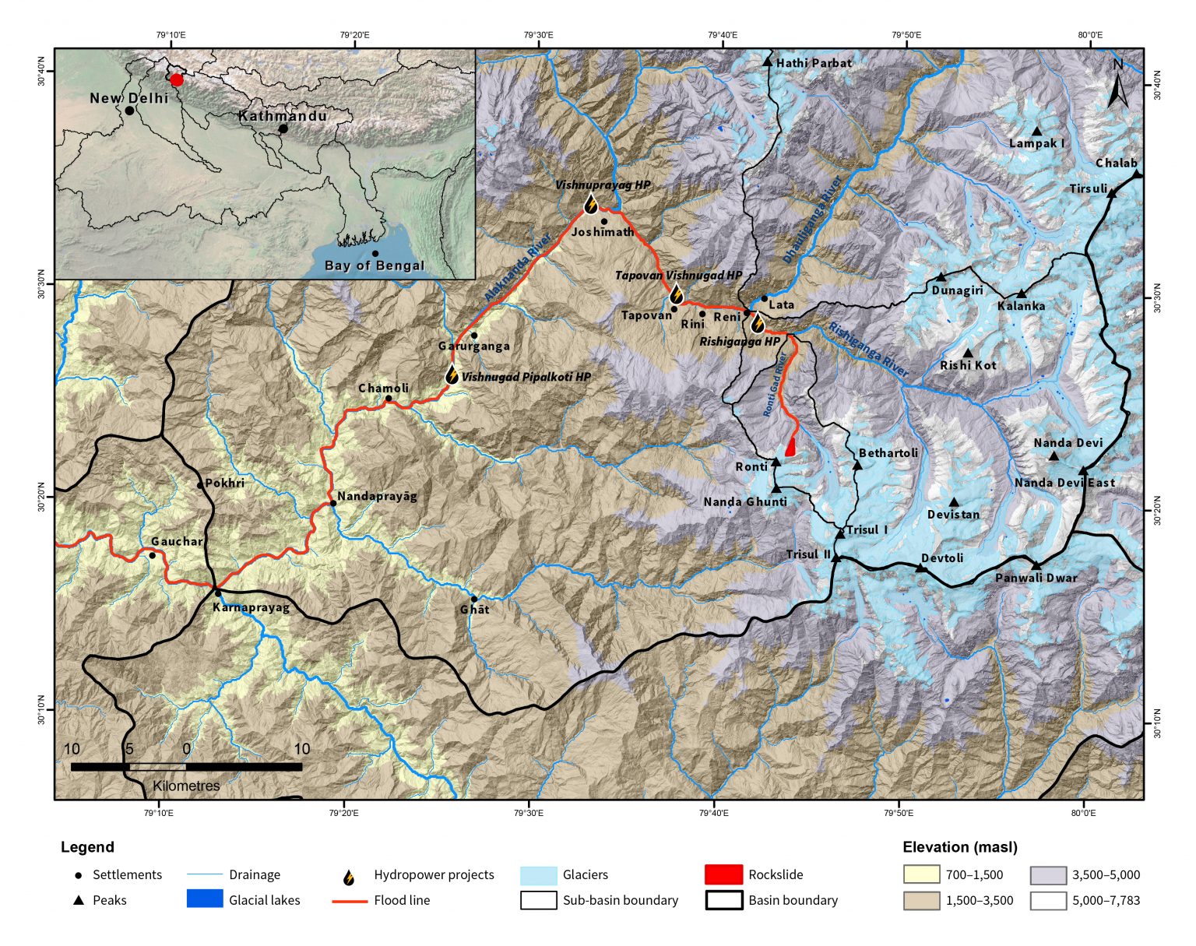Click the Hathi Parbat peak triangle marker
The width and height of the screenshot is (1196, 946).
click(x=767, y=62)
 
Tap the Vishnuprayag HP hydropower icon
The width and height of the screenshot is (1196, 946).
click(x=591, y=205)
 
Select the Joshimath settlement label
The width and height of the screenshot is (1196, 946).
click(x=602, y=232)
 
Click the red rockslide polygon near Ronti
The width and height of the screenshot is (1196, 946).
click(x=791, y=447)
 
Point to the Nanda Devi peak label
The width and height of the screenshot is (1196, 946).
click(x=1068, y=443)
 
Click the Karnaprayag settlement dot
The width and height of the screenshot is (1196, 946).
click(x=217, y=593)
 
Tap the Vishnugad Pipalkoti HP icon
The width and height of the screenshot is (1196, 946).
click(x=452, y=375)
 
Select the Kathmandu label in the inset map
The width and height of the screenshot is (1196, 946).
click(x=283, y=116)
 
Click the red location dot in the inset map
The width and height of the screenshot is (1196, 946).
click(x=177, y=79)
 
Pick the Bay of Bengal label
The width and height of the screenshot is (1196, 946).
click(x=375, y=266)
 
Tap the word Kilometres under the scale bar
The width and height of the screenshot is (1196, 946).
click(x=186, y=786)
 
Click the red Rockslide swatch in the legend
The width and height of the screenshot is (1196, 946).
click(x=723, y=874)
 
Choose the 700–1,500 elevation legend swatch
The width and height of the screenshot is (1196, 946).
click(x=921, y=874)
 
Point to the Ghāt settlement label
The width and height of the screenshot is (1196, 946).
click(x=475, y=610)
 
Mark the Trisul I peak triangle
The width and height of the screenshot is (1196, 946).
click(x=840, y=534)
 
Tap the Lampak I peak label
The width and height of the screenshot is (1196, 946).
click(x=1036, y=143)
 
